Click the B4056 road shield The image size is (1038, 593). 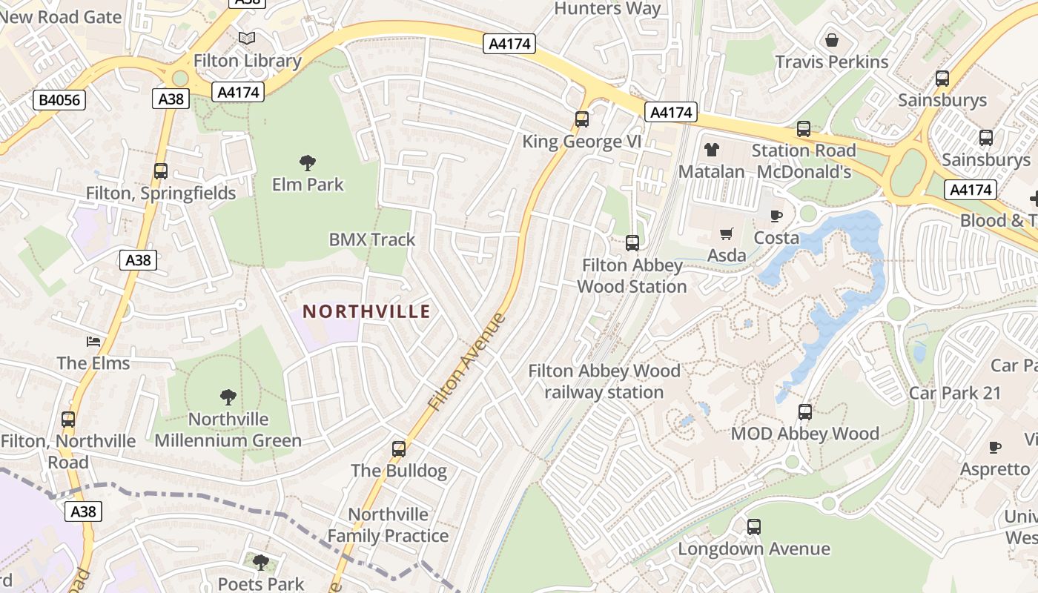tap(59, 100)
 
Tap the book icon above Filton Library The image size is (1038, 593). tap(247, 38)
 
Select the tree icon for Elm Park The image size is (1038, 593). tap(308, 162)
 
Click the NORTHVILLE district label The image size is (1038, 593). tap(366, 311)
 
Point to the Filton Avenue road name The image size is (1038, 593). tap(467, 362)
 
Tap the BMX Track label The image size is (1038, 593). tap(372, 239)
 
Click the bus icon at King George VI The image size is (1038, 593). tap(582, 119)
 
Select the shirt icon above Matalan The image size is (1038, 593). tap(712, 150)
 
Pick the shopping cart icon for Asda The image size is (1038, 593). tap(727, 234)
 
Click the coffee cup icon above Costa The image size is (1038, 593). tap(776, 216)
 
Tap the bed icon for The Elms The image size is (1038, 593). tap(93, 342)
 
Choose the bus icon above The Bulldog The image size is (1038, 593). tap(399, 448)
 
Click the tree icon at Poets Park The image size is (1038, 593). tap(260, 562)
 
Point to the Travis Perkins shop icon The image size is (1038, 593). tap(832, 39)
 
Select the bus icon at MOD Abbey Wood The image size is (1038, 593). tap(805, 412)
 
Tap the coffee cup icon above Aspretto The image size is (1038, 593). tap(995, 447)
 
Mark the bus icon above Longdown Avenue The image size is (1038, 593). tap(754, 527)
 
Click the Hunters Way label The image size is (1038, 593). tap(607, 9)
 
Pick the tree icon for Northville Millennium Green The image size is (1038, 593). tap(228, 397)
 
